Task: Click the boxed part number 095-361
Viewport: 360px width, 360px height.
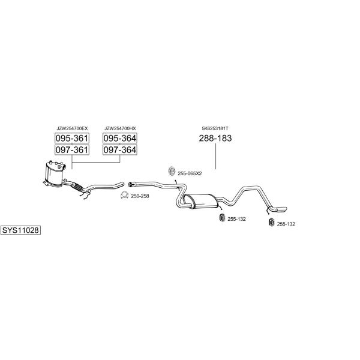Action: pyautogui.click(x=72, y=138)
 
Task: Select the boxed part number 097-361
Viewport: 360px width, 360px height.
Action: pyautogui.click(x=72, y=150)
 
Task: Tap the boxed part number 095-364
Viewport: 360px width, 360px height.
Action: pyautogui.click(x=120, y=138)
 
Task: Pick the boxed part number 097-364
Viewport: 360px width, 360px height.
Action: pyautogui.click(x=120, y=150)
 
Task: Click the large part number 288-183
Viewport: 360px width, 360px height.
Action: pyautogui.click(x=215, y=138)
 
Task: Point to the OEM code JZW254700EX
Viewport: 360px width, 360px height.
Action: pyautogui.click(x=72, y=128)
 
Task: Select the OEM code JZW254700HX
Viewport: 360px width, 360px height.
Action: pyautogui.click(x=120, y=128)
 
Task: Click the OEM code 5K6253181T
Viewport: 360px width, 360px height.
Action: pyautogui.click(x=215, y=128)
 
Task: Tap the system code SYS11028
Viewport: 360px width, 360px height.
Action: pyautogui.click(x=20, y=230)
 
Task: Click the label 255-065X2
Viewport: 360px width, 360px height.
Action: pyautogui.click(x=190, y=173)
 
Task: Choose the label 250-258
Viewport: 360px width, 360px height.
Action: pyautogui.click(x=140, y=196)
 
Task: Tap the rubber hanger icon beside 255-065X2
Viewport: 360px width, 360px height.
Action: pyautogui.click(x=172, y=171)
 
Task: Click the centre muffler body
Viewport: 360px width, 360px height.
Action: pyautogui.click(x=201, y=202)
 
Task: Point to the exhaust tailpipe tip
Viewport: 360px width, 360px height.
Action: pyautogui.click(x=282, y=209)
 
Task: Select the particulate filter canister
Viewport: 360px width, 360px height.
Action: pyautogui.click(x=55, y=175)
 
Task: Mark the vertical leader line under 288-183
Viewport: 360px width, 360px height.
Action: pyautogui.click(x=215, y=157)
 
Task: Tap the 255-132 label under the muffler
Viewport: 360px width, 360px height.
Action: pyautogui.click(x=236, y=219)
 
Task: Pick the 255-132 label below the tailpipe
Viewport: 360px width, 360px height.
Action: pyautogui.click(x=286, y=224)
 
